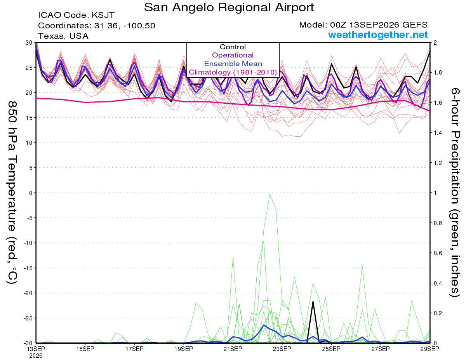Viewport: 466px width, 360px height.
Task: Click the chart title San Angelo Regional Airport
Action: tap(229, 7)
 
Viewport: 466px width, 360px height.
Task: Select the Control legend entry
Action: tap(233, 47)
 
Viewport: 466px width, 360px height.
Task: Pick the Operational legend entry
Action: tap(233, 55)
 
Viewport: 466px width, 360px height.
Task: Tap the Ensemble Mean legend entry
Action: tap(233, 64)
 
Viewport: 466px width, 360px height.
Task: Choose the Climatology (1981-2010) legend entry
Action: tap(233, 72)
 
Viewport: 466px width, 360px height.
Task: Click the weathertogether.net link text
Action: tap(378, 35)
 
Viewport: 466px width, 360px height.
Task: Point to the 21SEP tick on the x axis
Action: tap(233, 349)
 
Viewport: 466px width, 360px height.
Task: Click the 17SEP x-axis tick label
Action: tap(134, 349)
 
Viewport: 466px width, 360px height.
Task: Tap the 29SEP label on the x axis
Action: tap(429, 349)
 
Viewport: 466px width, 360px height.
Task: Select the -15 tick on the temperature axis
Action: tap(28, 268)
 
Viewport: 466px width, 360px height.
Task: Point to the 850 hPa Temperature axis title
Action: tap(12, 193)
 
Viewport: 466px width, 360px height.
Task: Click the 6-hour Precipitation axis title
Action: tap(455, 193)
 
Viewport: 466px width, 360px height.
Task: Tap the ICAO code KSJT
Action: tap(103, 15)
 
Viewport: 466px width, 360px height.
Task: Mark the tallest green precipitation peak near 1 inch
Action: tap(270, 194)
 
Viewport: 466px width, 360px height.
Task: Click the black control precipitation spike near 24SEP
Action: tap(313, 302)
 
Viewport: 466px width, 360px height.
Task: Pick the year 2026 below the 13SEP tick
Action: tap(36, 356)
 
